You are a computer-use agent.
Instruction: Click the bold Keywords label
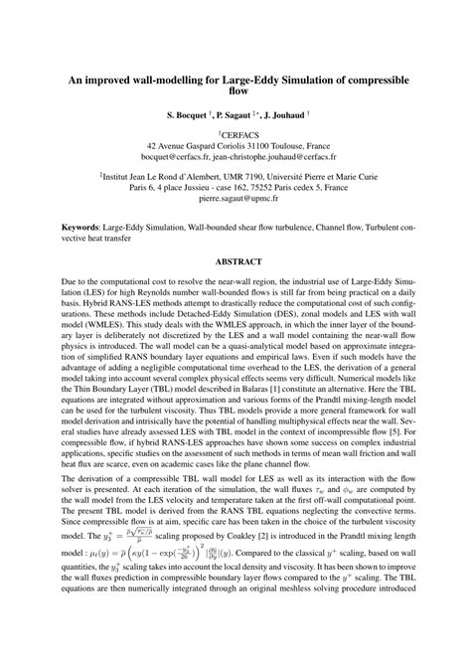point(84,228)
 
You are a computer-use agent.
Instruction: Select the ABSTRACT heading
point(235,262)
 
